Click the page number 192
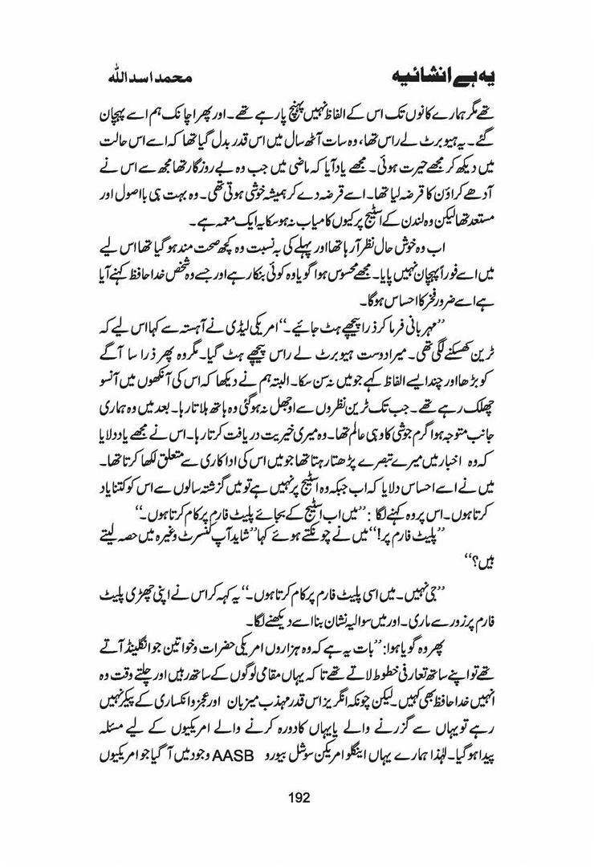296,797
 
